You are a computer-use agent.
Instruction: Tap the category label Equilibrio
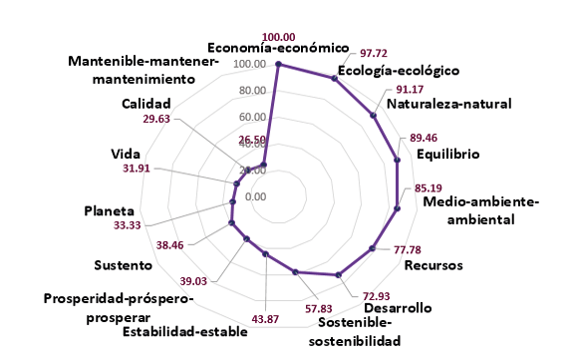point(448,155)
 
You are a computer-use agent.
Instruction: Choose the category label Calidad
point(146,104)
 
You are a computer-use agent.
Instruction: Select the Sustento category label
point(123,265)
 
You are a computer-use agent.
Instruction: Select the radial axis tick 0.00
point(255,196)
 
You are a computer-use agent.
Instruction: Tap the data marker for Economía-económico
point(279,65)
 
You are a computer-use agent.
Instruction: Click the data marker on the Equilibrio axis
point(397,160)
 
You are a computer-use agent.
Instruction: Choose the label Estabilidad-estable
point(183,331)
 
